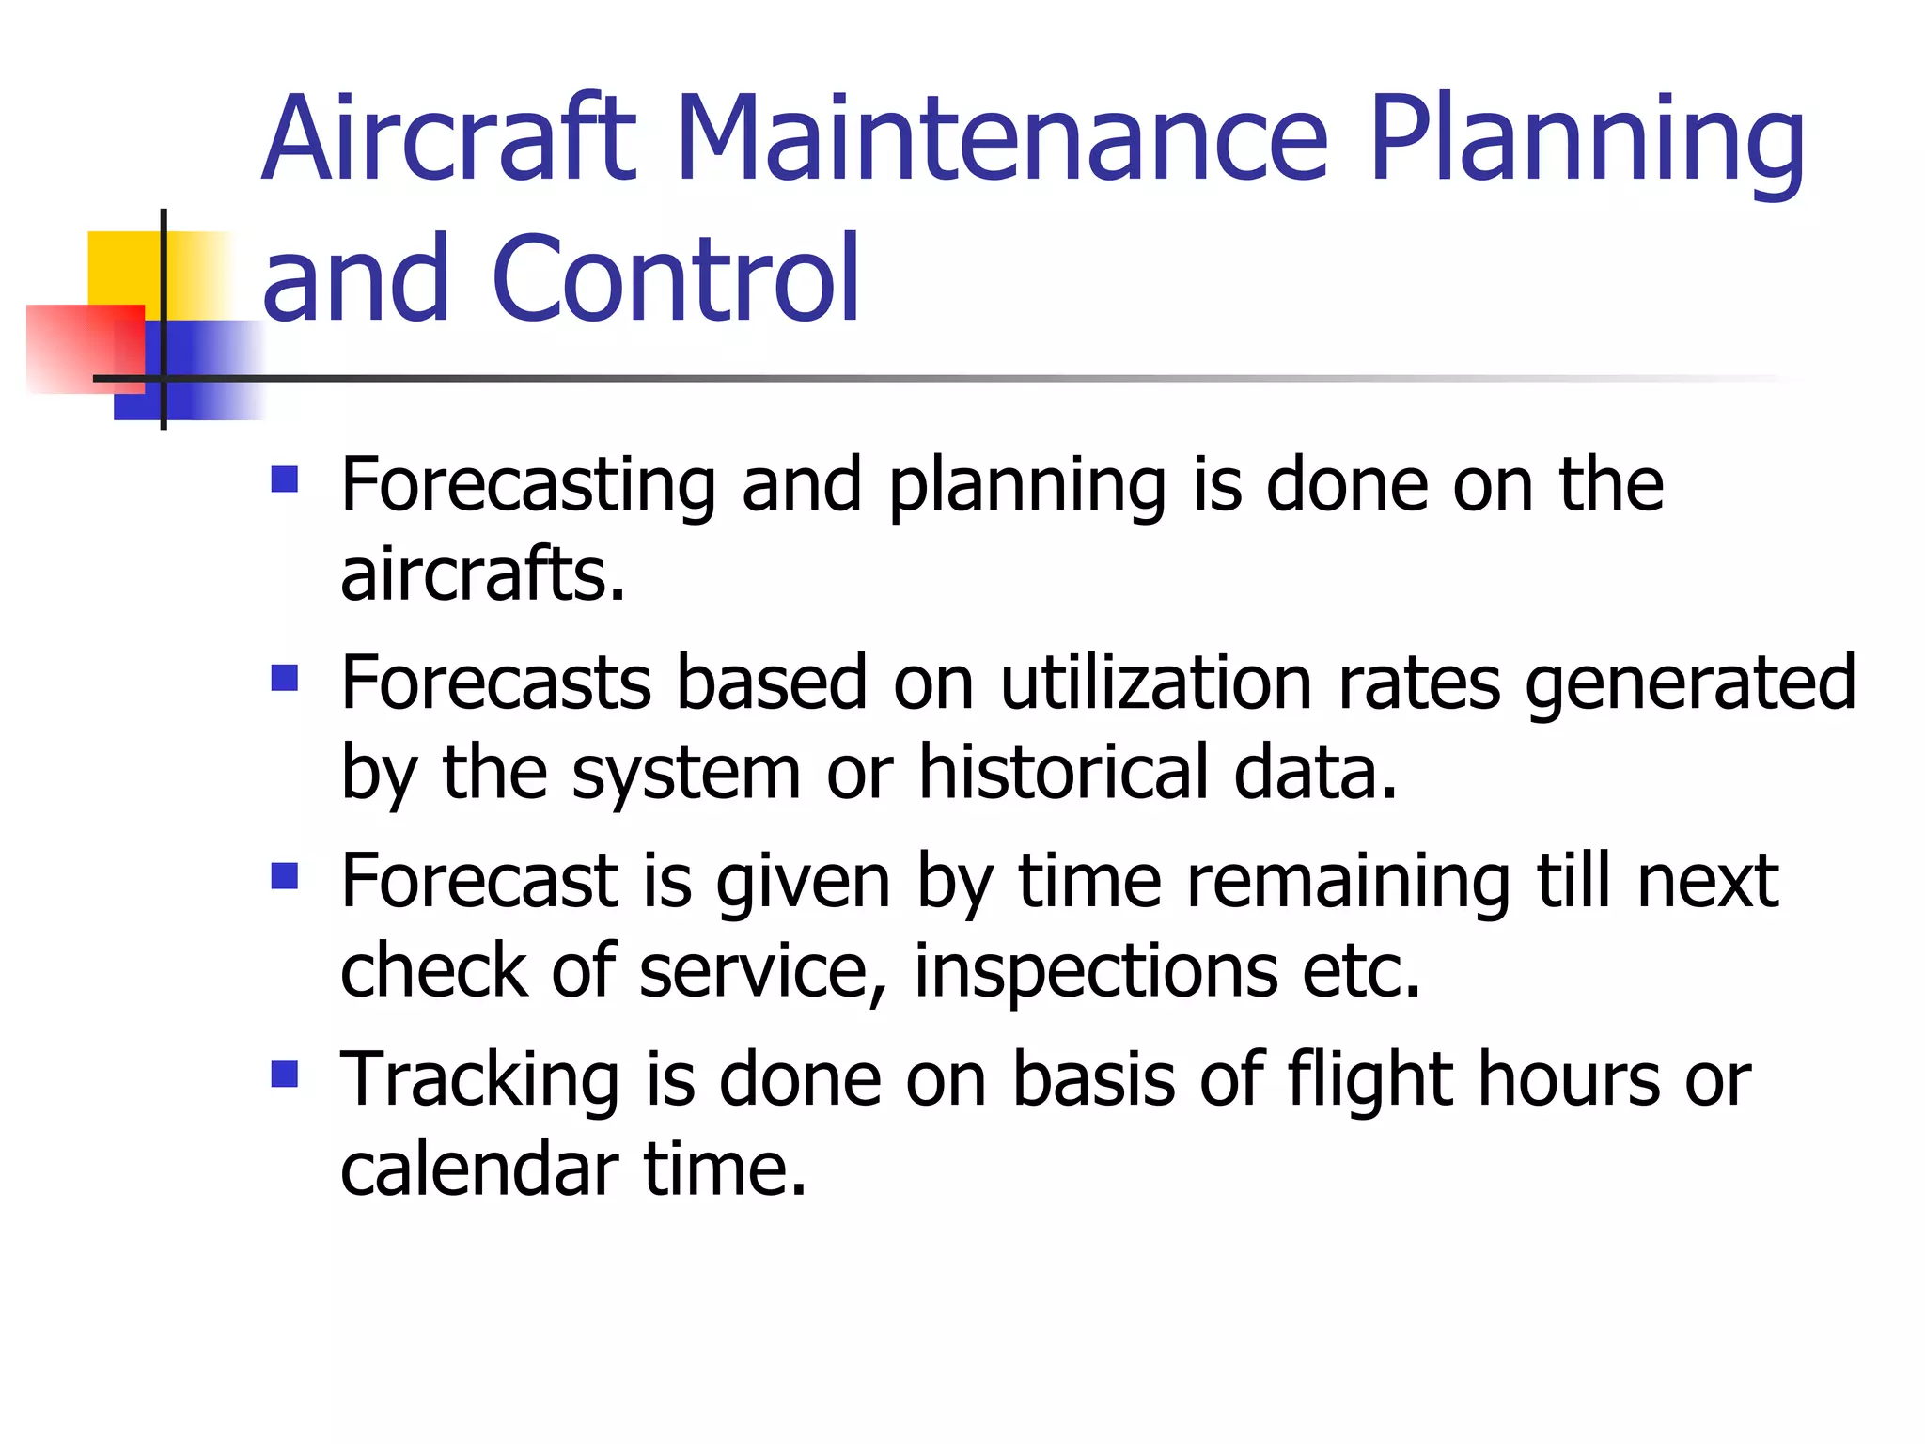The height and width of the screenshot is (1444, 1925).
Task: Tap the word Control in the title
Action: [675, 280]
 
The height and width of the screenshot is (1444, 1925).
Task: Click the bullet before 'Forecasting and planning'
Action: [284, 480]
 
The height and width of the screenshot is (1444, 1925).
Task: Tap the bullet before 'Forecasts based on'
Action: [284, 679]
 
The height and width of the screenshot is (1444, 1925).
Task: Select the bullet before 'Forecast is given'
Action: [284, 877]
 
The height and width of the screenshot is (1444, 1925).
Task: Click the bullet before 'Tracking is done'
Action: [284, 1075]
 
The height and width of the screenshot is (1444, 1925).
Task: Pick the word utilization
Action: [1155, 683]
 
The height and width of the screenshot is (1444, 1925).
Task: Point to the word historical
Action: [1063, 773]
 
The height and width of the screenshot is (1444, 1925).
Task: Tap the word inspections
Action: [1096, 973]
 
